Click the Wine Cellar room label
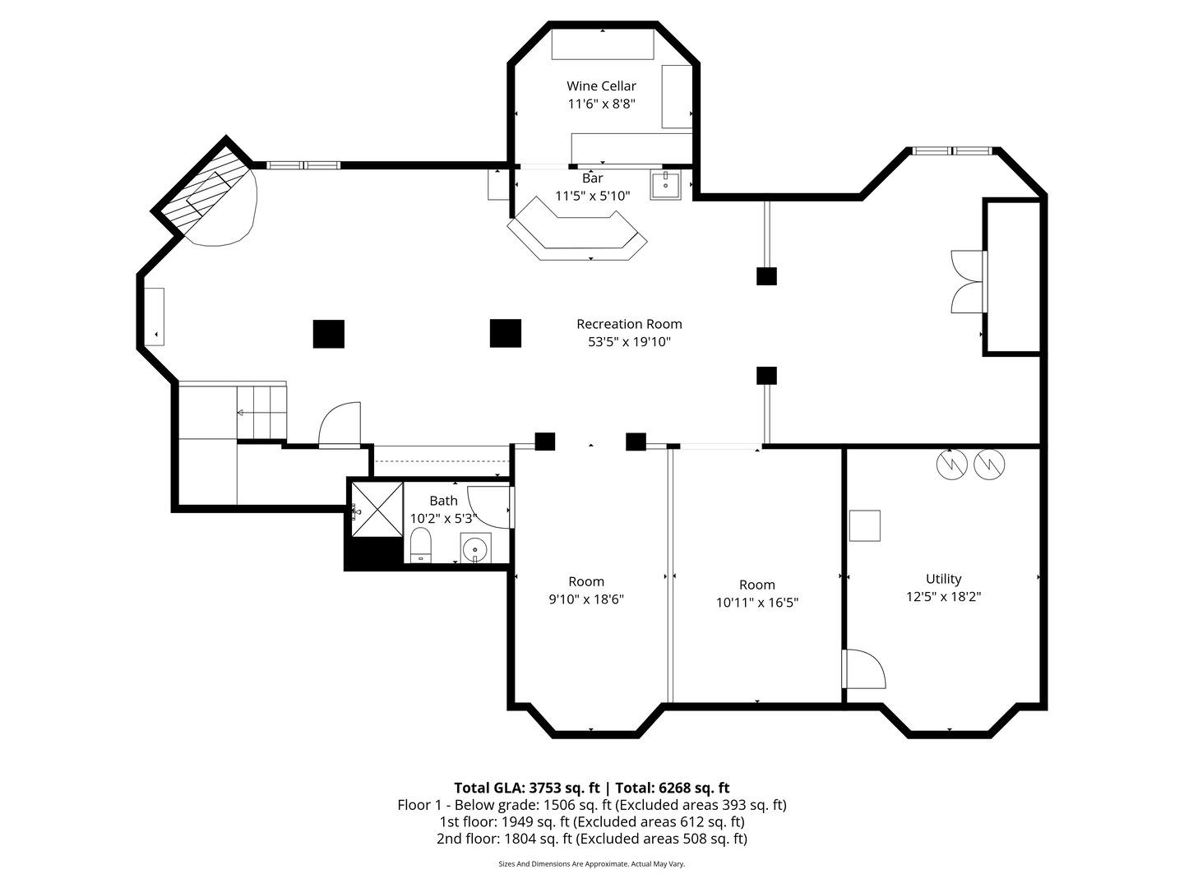[x=601, y=86]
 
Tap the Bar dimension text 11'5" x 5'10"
[x=592, y=196]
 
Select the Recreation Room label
[x=629, y=324]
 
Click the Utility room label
[x=943, y=579]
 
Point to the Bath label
[x=443, y=501]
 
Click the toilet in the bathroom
[x=420, y=545]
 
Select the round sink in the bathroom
[x=475, y=548]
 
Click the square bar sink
[x=665, y=186]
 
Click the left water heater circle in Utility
[x=950, y=465]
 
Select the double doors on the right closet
[x=968, y=281]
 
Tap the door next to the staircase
[x=340, y=424]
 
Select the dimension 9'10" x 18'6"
[x=586, y=599]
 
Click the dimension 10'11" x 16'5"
[x=756, y=603]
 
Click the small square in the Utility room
[x=864, y=525]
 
